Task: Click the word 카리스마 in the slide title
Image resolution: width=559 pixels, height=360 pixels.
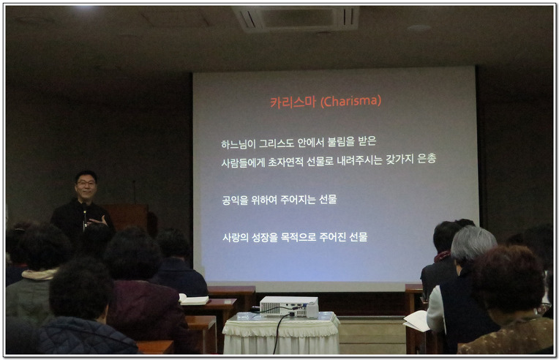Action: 293,102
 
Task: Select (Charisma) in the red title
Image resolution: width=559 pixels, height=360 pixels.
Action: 350,101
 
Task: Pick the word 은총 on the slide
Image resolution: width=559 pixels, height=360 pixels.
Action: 427,158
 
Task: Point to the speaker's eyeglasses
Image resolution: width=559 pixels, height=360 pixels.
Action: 86,183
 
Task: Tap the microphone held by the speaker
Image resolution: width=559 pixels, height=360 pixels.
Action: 84,213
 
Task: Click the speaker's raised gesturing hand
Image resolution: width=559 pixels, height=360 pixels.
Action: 97,221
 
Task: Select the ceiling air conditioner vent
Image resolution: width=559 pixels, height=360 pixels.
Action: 296,18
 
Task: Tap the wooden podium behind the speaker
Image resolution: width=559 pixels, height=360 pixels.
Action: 127,217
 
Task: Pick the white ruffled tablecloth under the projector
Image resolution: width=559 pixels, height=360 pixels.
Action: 281,333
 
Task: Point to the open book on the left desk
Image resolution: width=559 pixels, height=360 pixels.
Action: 194,299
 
